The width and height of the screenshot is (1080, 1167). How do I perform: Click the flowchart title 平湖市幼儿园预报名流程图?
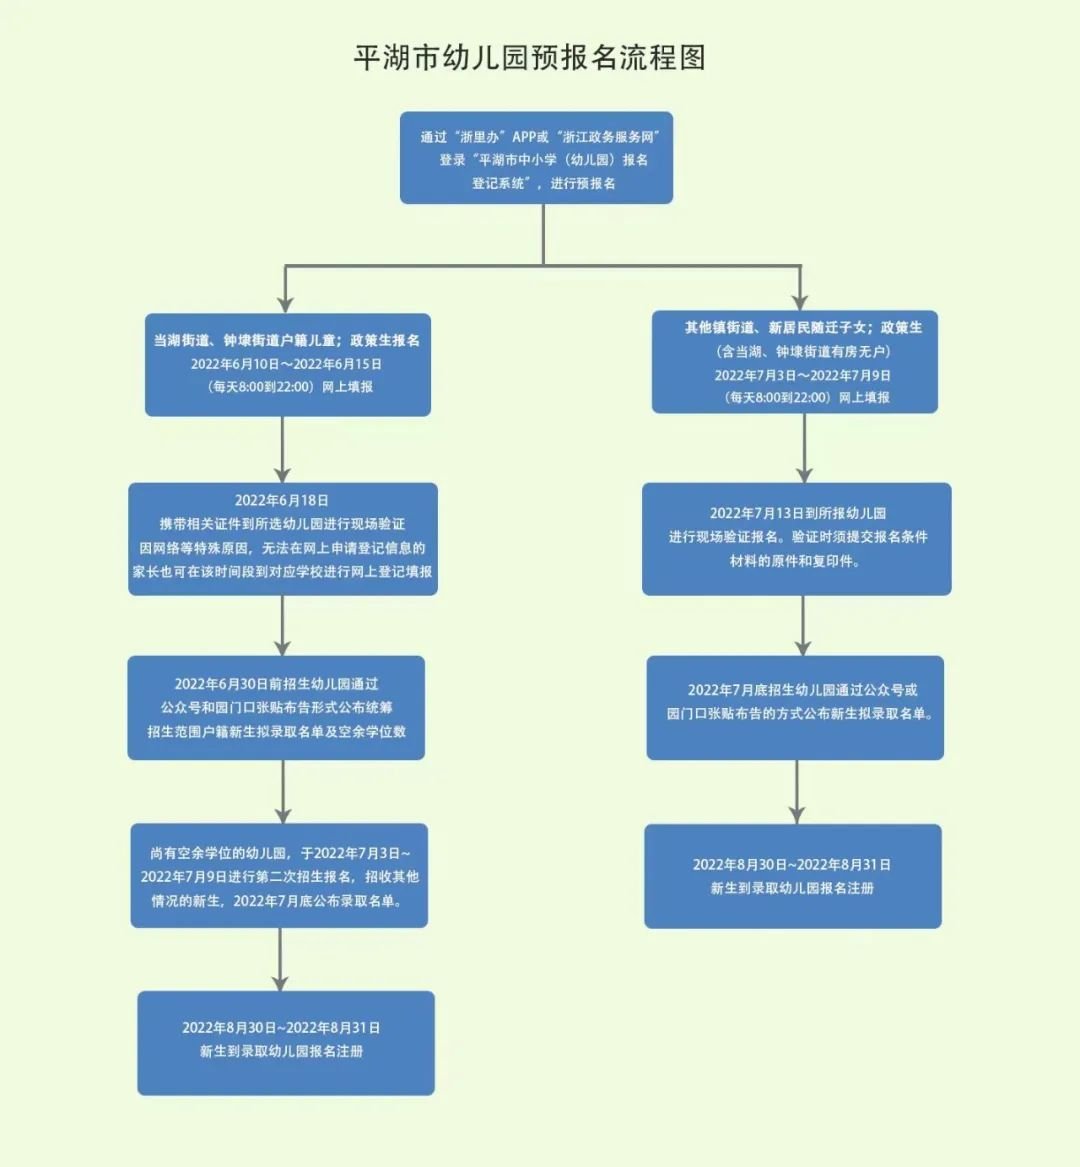[530, 58]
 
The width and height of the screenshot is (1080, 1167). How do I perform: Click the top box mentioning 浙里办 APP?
[536, 158]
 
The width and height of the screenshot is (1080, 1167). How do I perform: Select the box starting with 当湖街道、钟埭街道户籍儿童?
[287, 364]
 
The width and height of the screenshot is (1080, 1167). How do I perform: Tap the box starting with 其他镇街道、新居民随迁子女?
[795, 362]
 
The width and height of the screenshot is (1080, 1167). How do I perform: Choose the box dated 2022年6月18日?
[283, 539]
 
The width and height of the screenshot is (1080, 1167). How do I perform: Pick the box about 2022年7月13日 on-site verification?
[797, 539]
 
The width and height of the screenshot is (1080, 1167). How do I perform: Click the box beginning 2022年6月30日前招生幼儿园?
[276, 708]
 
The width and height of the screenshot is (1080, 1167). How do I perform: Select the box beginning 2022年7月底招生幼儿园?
[795, 708]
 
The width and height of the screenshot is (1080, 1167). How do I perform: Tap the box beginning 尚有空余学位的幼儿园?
[279, 876]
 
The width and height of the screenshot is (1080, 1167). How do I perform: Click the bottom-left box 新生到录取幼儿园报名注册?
[286, 1043]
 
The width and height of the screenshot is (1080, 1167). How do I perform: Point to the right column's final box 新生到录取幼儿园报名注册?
[793, 876]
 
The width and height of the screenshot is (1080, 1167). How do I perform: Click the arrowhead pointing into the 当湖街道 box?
[286, 301]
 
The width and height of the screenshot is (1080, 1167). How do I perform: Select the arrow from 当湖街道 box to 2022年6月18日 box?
[283, 450]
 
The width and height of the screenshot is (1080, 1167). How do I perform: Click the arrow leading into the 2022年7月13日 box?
[804, 449]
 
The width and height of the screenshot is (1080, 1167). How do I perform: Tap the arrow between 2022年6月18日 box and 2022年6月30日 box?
[283, 626]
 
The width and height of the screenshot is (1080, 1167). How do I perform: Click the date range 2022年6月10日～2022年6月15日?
[287, 364]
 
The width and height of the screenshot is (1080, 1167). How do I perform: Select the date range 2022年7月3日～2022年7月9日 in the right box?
[802, 375]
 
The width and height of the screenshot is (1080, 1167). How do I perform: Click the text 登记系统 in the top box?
[499, 184]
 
